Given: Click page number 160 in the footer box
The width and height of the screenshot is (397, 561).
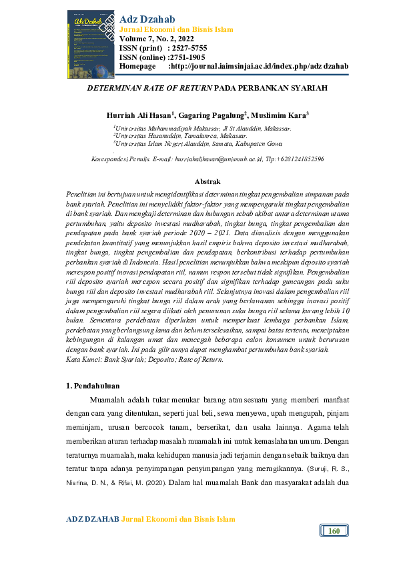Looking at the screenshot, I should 334,531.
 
